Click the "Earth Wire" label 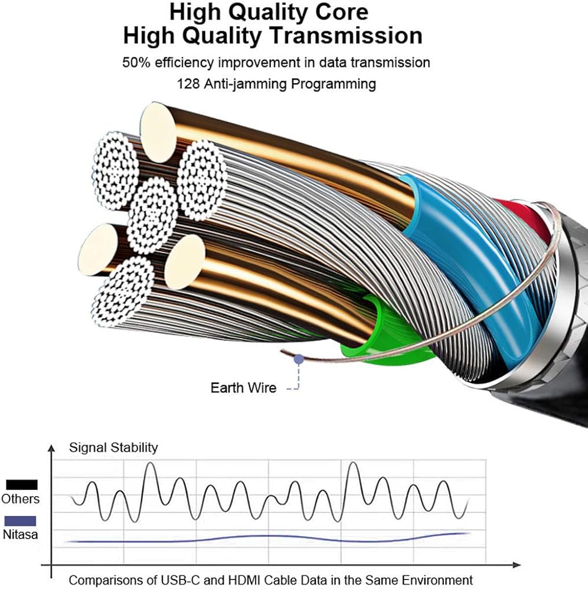click(243, 388)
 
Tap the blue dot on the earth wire click(299, 358)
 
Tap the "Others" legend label click(20, 499)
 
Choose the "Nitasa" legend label click(20, 535)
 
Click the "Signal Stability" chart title click(113, 447)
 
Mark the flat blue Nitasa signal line click(266, 538)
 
